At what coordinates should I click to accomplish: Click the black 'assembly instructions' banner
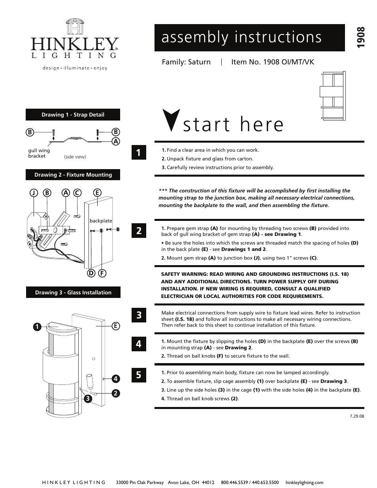pos(249,38)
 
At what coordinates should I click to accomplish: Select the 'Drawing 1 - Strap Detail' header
pos(73,115)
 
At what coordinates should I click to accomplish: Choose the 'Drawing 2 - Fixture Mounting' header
pos(73,175)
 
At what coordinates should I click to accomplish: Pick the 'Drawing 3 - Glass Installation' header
pos(73,292)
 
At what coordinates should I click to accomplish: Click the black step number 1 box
pos(138,153)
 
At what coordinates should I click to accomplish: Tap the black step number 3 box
pos(138,315)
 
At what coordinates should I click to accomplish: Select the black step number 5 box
pos(138,375)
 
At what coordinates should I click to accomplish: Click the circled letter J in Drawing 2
pos(34,193)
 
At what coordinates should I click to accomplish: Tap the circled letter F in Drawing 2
pos(102,273)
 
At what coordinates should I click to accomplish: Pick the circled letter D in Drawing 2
pos(91,273)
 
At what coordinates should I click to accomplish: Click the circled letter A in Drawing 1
pos(116,141)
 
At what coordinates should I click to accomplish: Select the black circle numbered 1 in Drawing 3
pos(36,327)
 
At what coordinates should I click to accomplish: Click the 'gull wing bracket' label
pos(39,153)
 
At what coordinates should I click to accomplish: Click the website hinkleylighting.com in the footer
pos(304,482)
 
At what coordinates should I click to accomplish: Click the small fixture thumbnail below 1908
pos(332,96)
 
